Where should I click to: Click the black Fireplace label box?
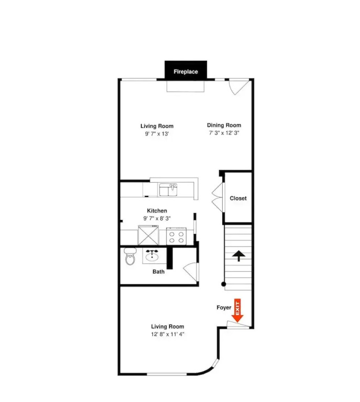[186, 70]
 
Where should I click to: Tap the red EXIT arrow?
[237, 310]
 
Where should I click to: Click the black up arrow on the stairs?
[238, 256]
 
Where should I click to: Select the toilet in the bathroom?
[130, 256]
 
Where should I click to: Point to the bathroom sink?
[152, 256]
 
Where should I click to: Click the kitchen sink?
[168, 189]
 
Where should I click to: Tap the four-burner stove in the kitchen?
[176, 236]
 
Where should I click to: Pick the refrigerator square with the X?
[148, 235]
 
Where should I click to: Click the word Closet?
[238, 198]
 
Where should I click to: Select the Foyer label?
[224, 307]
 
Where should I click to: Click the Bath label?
[158, 272]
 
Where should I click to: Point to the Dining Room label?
[224, 125]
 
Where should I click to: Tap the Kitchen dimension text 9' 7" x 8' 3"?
[157, 218]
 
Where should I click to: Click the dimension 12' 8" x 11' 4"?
[168, 334]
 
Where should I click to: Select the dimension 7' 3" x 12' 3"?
[224, 133]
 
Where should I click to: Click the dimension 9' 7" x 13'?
[157, 133]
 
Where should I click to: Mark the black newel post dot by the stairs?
[223, 284]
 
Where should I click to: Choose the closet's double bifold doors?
[218, 197]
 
